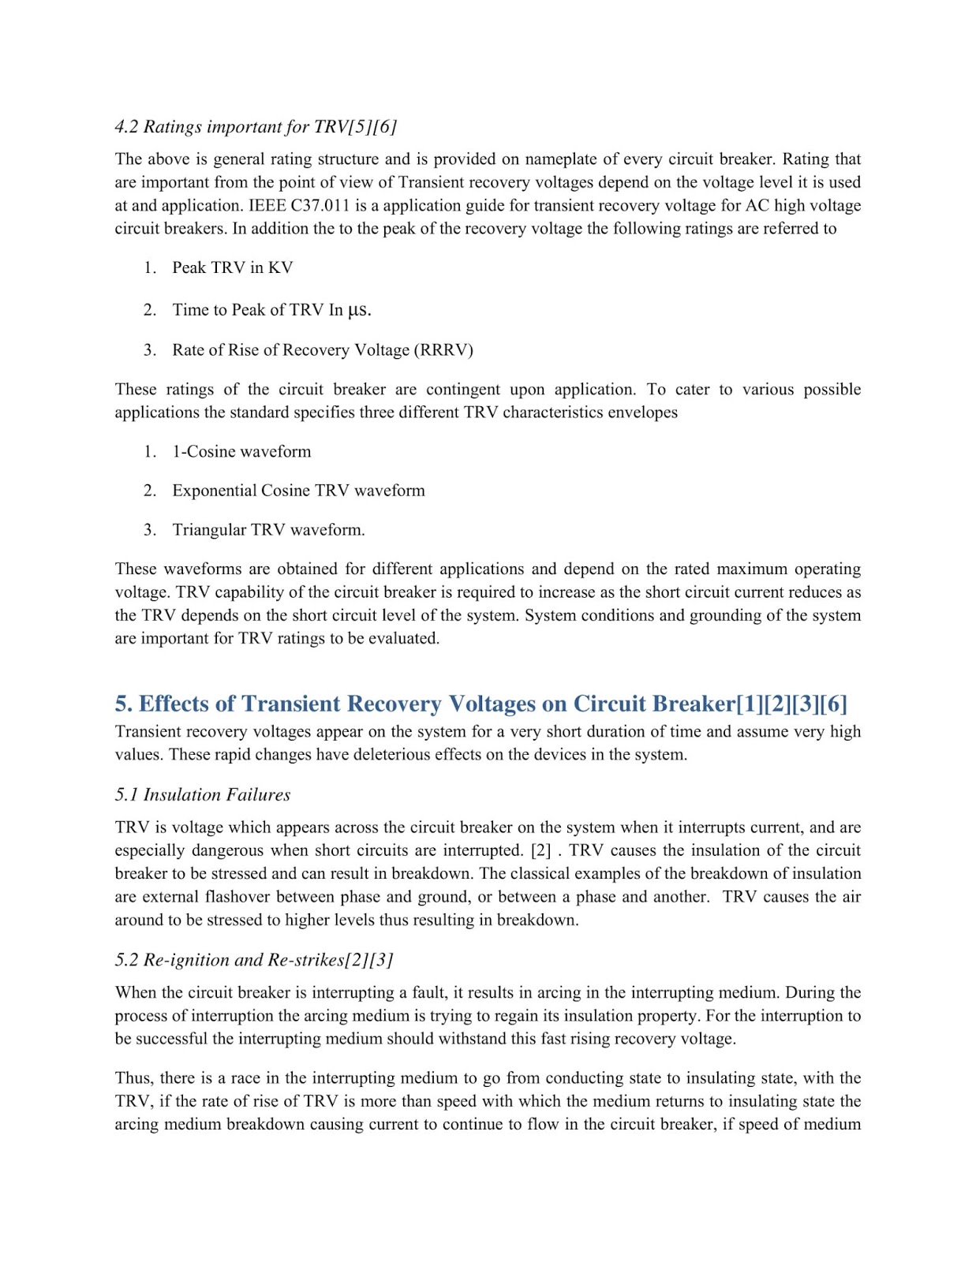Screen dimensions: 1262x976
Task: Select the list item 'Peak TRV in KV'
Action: (x=232, y=268)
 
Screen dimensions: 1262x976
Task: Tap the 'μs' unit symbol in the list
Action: (x=359, y=310)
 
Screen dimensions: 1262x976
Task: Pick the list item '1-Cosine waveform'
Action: (x=241, y=452)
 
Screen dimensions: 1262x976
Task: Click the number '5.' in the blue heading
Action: (x=124, y=704)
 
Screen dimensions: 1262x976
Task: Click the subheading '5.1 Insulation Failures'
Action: (x=203, y=795)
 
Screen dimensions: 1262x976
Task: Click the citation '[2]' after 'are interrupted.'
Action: (x=541, y=851)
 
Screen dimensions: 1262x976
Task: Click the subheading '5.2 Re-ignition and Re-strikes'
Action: (x=253, y=960)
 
